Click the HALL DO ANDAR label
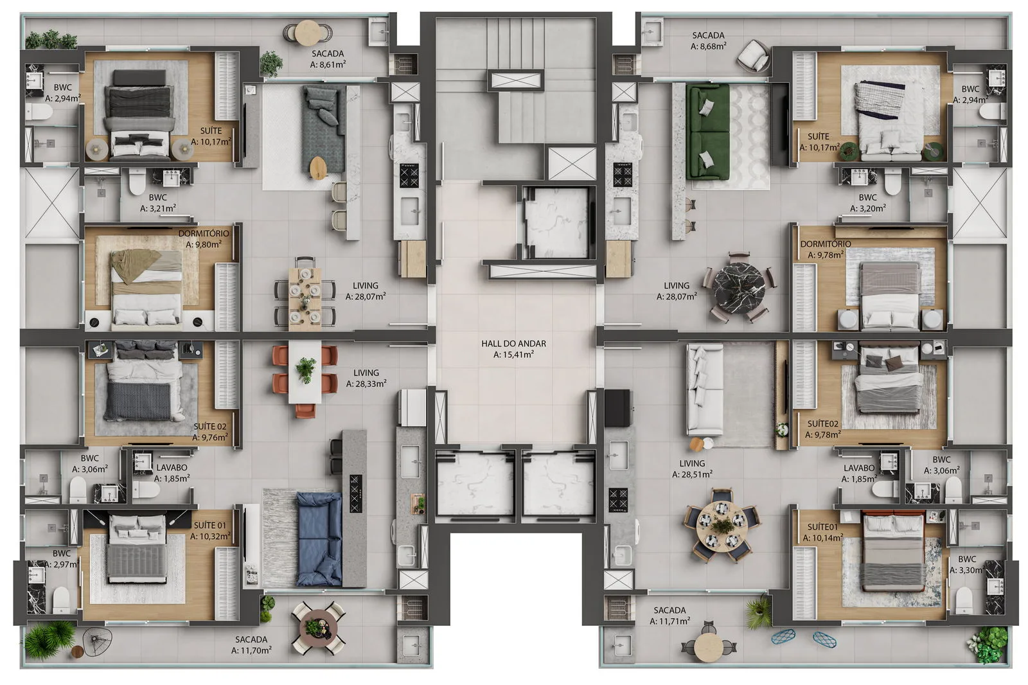pyautogui.click(x=513, y=349)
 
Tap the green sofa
pyautogui.click(x=708, y=132)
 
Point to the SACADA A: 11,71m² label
pyautogui.click(x=669, y=616)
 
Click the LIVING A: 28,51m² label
pyautogui.click(x=692, y=468)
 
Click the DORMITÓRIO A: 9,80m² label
pyautogui.click(x=204, y=239)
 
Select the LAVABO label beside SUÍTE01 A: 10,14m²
pyautogui.click(x=859, y=473)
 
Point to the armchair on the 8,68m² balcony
pyautogui.click(x=754, y=56)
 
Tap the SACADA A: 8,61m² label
pyautogui.click(x=328, y=59)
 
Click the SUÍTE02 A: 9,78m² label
pyautogui.click(x=823, y=429)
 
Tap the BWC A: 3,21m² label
pyautogui.click(x=157, y=203)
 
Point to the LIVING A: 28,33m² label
pyautogui.click(x=366, y=378)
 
